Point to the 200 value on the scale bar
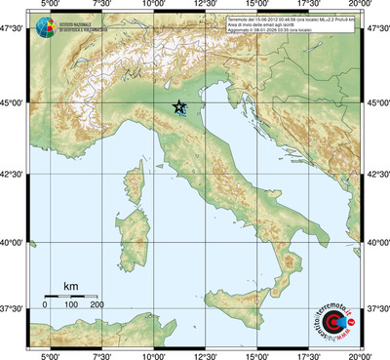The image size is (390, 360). click(97, 305)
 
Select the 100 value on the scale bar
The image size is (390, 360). click(71, 305)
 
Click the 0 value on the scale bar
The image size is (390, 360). click(45, 305)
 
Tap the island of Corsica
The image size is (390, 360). click(138, 182)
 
